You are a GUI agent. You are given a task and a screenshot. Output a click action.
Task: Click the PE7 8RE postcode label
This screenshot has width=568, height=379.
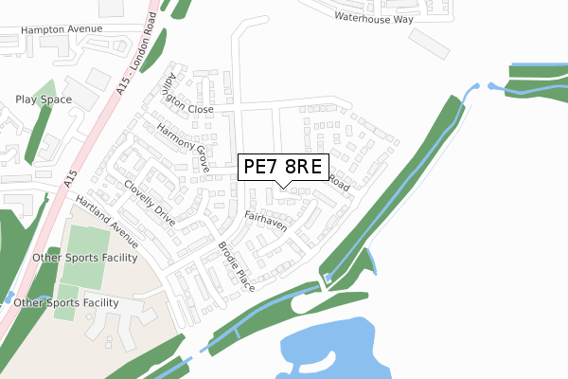[283, 169]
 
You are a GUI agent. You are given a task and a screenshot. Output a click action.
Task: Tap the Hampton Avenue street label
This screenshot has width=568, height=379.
[61, 29]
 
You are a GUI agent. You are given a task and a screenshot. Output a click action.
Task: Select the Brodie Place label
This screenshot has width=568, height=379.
[237, 265]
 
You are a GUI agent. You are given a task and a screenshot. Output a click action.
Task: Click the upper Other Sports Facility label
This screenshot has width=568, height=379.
[84, 258]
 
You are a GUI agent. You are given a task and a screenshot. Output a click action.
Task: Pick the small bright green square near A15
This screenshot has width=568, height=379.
[65, 301]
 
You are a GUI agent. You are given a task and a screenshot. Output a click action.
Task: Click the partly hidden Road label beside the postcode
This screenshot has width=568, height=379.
[340, 187]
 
